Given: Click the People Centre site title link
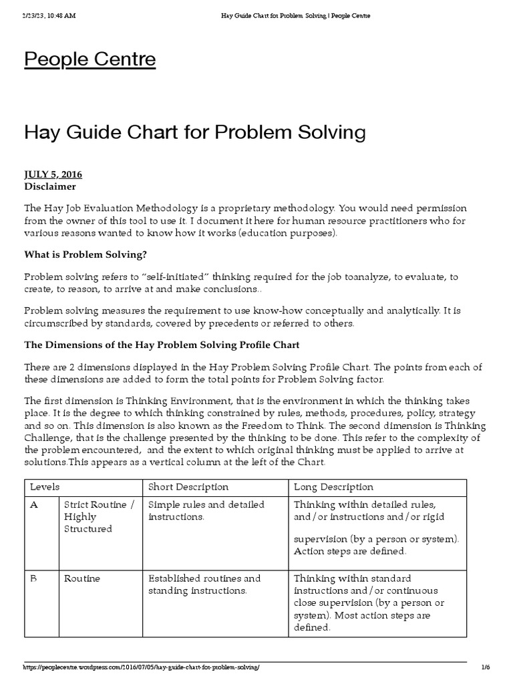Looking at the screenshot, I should pyautogui.click(x=90, y=59).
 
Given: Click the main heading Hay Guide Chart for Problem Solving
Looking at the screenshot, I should pyautogui.click(x=195, y=132).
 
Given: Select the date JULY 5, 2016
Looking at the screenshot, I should pyautogui.click(x=53, y=174).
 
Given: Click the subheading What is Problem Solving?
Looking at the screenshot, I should pyautogui.click(x=85, y=254).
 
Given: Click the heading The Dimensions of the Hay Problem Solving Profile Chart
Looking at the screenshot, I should pyautogui.click(x=162, y=345).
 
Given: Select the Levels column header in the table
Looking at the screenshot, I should pyautogui.click(x=40, y=487).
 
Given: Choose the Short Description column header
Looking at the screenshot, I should pyautogui.click(x=188, y=487).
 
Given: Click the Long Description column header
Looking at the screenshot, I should pyautogui.click(x=333, y=487).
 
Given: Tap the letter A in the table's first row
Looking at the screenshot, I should pyautogui.click(x=34, y=505).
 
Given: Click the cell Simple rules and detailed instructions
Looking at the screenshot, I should pyautogui.click(x=206, y=511).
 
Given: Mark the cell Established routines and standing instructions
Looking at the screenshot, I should pyautogui.click(x=204, y=584).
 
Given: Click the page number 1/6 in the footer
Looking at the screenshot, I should pyautogui.click(x=485, y=668).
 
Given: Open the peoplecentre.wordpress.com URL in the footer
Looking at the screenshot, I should pyautogui.click(x=142, y=668).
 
